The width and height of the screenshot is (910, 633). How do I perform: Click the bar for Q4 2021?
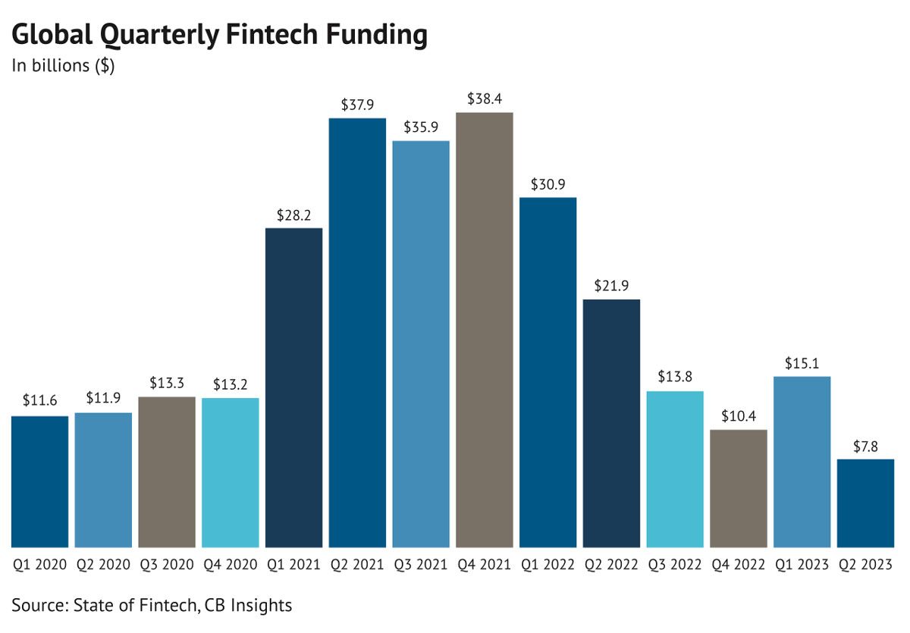tap(485, 330)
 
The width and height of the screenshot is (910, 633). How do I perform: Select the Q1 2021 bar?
tap(293, 387)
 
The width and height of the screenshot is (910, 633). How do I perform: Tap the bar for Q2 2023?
tap(866, 503)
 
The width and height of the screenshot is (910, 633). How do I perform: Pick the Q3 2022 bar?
tap(675, 469)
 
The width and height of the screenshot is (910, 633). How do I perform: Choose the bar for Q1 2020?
tap(39, 481)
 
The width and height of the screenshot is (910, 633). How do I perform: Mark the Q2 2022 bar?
tap(611, 423)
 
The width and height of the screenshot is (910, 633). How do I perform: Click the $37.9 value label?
tap(357, 105)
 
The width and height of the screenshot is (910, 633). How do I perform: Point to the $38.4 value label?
tap(485, 99)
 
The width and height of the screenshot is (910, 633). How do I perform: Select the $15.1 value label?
tap(802, 363)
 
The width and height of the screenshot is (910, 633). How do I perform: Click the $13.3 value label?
tap(167, 384)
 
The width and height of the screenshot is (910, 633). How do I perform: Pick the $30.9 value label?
tap(548, 184)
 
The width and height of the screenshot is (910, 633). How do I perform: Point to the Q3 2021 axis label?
tap(421, 565)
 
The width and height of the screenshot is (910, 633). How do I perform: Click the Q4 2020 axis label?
tap(231, 565)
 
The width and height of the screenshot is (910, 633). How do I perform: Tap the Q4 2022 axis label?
tap(739, 565)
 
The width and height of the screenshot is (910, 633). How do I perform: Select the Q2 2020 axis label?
tap(103, 565)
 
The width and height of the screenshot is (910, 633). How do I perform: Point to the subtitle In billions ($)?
tap(63, 66)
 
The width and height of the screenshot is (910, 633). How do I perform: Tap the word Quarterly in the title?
tap(158, 35)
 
